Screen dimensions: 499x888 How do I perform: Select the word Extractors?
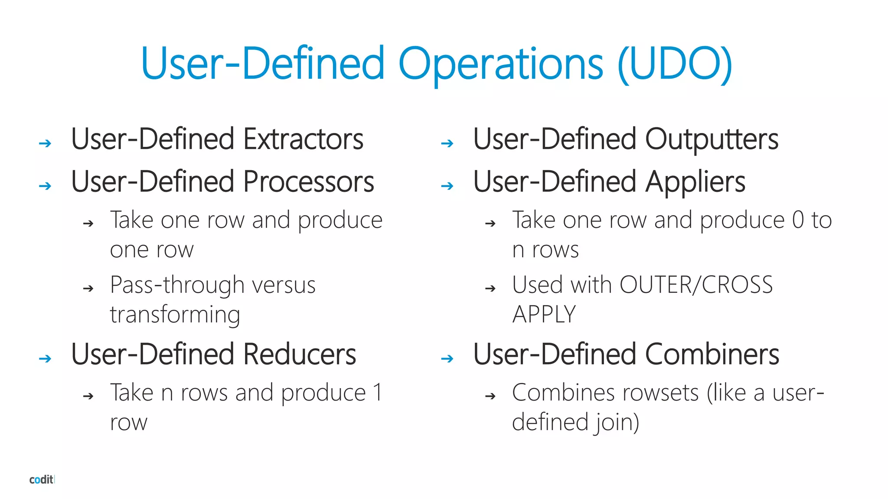[304, 139]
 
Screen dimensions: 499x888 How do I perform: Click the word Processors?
[309, 182]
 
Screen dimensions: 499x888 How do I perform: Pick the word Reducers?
[300, 354]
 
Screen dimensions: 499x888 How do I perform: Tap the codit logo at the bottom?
[42, 480]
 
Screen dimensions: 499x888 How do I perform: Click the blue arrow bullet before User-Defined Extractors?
[45, 143]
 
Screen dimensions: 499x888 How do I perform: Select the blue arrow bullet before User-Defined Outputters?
[447, 143]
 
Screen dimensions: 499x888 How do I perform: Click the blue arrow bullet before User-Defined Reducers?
[45, 359]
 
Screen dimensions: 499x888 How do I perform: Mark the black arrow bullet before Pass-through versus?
[88, 288]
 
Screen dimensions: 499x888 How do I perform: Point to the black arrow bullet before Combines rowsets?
[490, 396]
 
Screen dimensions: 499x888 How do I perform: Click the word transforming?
[175, 314]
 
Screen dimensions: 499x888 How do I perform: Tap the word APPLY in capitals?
[544, 314]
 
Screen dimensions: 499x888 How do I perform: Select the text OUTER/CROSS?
[696, 285]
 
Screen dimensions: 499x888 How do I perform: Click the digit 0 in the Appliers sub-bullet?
[798, 220]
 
